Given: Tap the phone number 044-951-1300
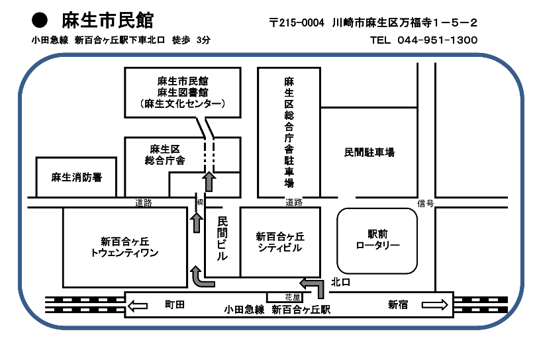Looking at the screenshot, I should coord(438,40).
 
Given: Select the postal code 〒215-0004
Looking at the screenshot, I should coord(297,23).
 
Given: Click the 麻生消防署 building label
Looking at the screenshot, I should coord(77,177).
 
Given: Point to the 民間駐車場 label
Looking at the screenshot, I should coord(369,152).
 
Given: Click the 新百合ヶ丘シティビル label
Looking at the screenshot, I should coord(279,242).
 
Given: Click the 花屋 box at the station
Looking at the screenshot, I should coord(293,297).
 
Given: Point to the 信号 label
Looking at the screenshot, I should coord(426,203).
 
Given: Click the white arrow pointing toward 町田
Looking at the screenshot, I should coord(138,305).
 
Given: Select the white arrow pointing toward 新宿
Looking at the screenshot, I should coord(434,305).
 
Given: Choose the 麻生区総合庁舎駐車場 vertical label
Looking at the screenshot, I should coord(289,132).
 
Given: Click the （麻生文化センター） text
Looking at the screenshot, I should coord(183,104).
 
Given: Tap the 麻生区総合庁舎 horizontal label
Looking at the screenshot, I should coord(166,154).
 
